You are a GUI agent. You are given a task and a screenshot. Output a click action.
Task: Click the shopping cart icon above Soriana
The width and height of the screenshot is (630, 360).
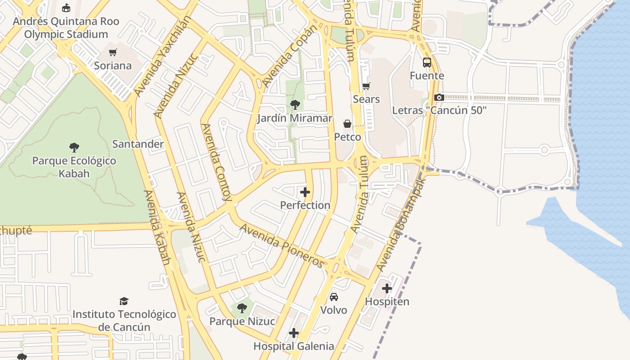tap(112, 53)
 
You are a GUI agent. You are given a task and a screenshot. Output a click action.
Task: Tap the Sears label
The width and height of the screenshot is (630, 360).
tap(366, 99)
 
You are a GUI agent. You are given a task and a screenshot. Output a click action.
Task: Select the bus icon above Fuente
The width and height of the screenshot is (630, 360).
tap(427, 63)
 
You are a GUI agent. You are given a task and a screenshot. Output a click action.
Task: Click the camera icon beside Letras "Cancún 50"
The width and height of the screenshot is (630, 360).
tap(439, 97)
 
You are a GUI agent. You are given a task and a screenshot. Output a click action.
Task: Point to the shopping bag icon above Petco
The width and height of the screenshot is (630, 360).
tap(347, 124)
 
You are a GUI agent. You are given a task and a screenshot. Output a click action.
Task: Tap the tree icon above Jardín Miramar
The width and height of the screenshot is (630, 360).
tap(295, 105)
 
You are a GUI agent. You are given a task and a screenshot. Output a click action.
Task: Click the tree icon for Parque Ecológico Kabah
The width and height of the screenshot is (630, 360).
tap(74, 148)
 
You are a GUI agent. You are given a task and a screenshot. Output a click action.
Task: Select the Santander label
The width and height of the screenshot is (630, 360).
tap(138, 144)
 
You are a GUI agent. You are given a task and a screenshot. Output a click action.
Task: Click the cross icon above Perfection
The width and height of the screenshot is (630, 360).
tap(305, 193)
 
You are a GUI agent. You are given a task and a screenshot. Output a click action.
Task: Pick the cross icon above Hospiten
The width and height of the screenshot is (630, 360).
tap(387, 288)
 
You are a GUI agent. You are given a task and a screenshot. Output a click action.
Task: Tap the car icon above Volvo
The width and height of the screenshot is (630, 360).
tap(333, 297)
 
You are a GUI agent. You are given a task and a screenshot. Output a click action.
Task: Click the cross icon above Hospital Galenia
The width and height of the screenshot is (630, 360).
tap(294, 333)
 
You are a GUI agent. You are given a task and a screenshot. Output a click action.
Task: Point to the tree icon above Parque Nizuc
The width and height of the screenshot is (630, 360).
tap(242, 308)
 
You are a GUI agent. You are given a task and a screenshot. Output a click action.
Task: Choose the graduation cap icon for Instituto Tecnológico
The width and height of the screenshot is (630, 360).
tap(124, 301)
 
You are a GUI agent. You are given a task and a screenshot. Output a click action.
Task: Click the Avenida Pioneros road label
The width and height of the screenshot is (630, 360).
tap(282, 245)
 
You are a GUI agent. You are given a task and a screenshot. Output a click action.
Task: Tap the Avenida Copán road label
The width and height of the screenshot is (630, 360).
tap(290, 56)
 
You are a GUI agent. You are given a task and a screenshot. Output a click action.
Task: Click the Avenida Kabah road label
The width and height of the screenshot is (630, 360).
tap(157, 227)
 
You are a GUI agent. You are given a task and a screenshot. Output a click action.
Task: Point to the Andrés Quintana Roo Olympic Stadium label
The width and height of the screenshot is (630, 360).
tap(66, 27)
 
